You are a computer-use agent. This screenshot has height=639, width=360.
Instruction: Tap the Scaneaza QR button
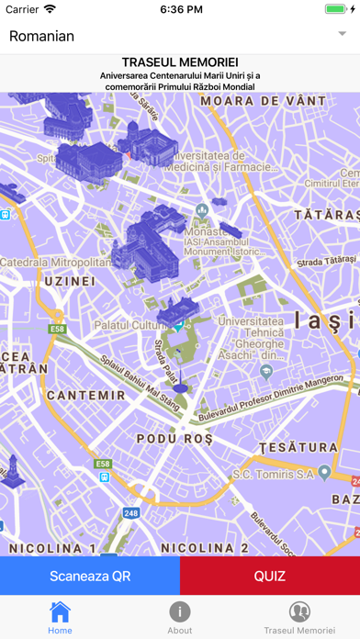point(89,577)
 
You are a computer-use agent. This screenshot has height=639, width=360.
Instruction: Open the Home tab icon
point(60,612)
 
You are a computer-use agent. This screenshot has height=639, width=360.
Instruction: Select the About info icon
point(180,612)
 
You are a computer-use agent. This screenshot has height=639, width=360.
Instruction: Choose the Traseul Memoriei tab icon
point(299,612)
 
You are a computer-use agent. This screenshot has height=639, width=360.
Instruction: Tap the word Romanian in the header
point(41,36)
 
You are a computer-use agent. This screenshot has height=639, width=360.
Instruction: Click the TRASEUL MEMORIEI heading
point(180,62)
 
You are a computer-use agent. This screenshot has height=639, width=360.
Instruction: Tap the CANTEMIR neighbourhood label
point(91,395)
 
